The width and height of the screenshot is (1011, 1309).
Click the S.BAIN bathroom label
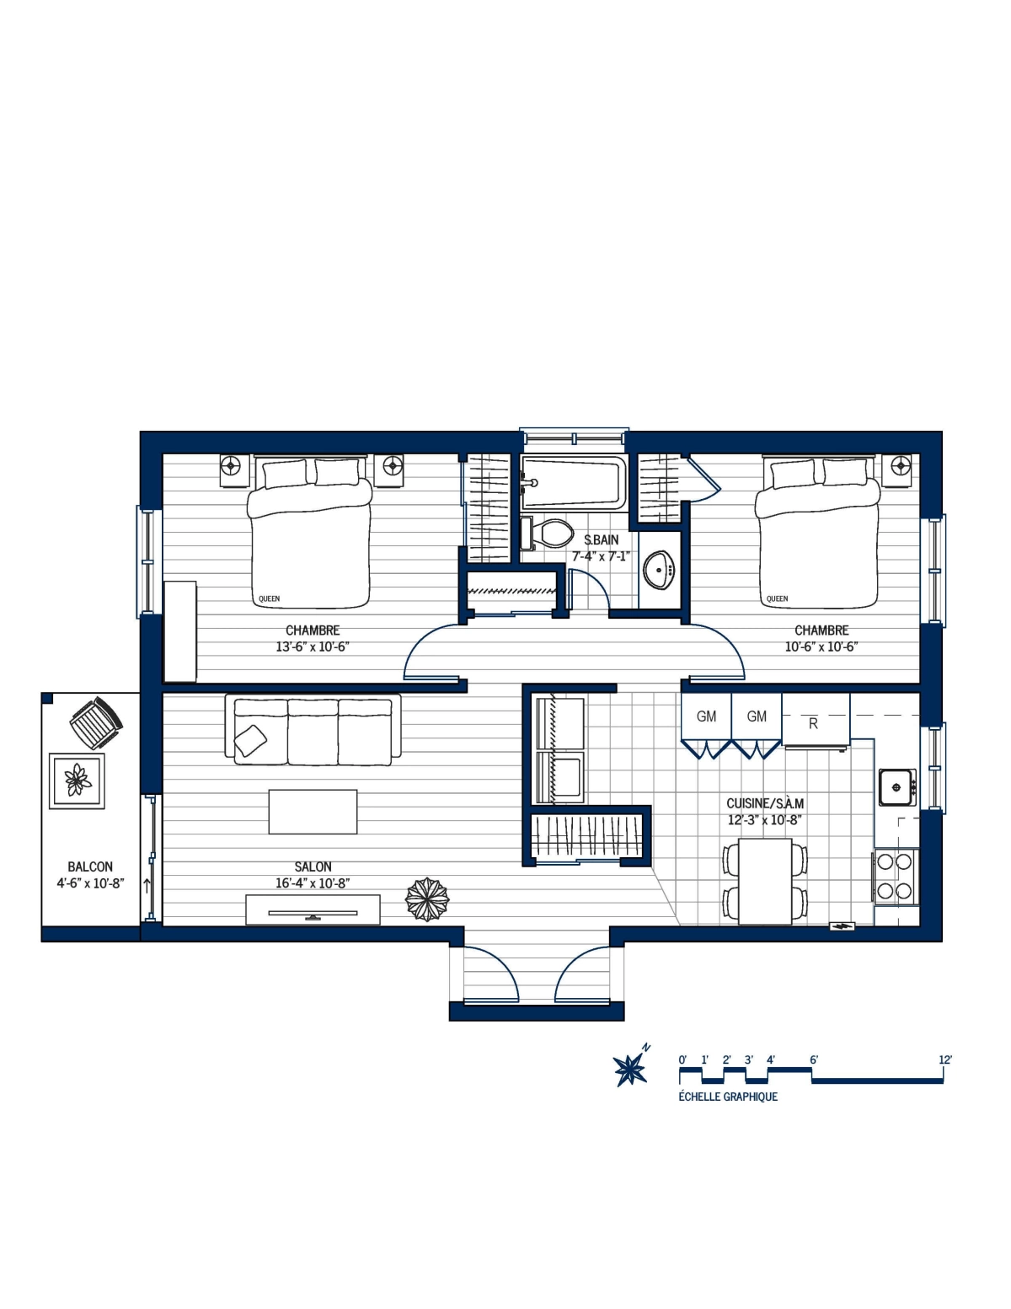pyautogui.click(x=601, y=539)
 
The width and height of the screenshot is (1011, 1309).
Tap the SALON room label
pyautogui.click(x=313, y=866)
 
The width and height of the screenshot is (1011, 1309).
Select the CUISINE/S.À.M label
pyautogui.click(x=765, y=803)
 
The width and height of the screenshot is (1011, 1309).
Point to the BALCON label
pyautogui.click(x=90, y=866)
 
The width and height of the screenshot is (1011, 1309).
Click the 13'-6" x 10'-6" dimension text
pyautogui.click(x=313, y=647)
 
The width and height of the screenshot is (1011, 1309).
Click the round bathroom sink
pyautogui.click(x=659, y=571)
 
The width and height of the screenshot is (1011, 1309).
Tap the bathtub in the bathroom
pyautogui.click(x=573, y=482)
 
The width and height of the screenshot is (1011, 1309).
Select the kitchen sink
pyautogui.click(x=896, y=787)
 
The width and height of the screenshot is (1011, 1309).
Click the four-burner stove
pyautogui.click(x=895, y=876)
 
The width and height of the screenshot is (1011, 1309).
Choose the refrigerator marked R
pyautogui.click(x=815, y=722)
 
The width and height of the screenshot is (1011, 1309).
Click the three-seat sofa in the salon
pyautogui.click(x=313, y=730)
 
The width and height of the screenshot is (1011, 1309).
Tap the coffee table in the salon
pyautogui.click(x=313, y=811)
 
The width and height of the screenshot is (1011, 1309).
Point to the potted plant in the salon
pyautogui.click(x=427, y=899)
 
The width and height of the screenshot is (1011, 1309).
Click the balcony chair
pyautogui.click(x=95, y=722)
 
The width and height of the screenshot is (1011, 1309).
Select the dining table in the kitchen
pyautogui.click(x=765, y=882)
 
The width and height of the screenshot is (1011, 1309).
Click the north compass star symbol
pyautogui.click(x=629, y=1070)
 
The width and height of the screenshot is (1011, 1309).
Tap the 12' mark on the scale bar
pyautogui.click(x=944, y=1060)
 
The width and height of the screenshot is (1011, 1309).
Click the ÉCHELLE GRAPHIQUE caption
pyautogui.click(x=728, y=1097)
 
